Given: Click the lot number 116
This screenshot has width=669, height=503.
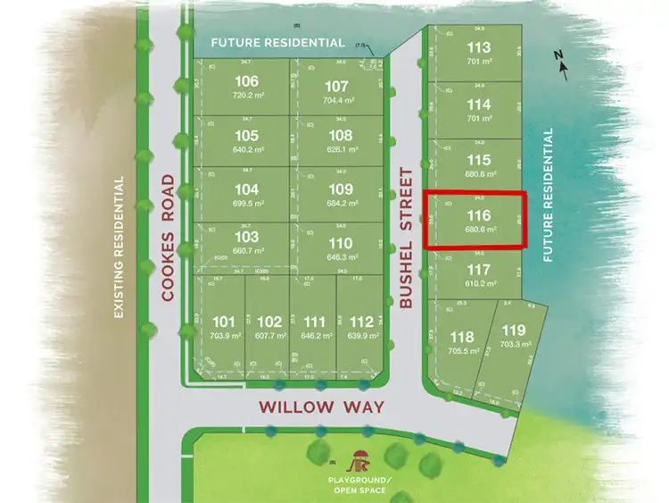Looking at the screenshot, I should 479,215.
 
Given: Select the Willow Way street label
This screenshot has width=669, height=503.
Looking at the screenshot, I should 322,407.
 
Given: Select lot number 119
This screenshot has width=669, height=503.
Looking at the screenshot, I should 514,331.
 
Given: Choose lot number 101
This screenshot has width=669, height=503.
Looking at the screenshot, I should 225,322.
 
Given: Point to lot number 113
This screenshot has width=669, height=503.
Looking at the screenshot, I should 479,48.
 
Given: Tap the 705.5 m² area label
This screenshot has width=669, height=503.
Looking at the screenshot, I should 462,351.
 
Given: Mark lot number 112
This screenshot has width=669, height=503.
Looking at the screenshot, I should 361,322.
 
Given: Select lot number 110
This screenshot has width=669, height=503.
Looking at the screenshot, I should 341,244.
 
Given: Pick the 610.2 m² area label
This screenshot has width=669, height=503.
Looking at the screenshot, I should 479,284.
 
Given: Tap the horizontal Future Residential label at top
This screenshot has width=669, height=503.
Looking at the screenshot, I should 277,42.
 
